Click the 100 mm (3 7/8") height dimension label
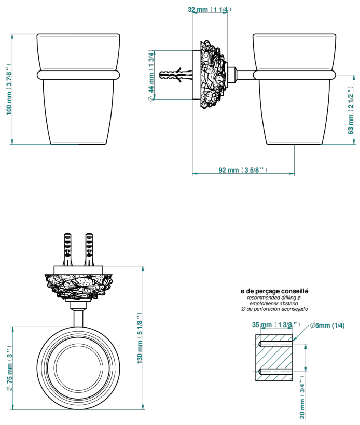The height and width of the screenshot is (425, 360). pos(9,90)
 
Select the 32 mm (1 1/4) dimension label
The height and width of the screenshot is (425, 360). pos(210,9)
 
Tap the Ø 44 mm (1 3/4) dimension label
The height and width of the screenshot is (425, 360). pos(151,75)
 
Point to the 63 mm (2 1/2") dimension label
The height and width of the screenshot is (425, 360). pos(351,110)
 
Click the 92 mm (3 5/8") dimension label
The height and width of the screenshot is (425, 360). pos(243,170)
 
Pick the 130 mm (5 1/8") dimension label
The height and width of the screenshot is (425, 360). pos(140,338)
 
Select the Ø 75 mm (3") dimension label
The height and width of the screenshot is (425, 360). pos(9,369)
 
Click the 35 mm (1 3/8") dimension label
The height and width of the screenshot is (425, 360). pos(276,324)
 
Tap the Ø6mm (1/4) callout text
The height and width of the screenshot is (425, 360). pos(327,325)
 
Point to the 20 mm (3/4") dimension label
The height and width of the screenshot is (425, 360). pos(302,397)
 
